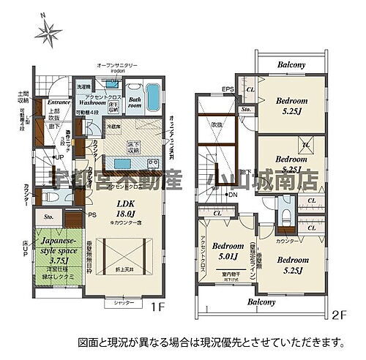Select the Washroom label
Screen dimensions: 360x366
[x=94, y=102]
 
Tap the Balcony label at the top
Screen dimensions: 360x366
[x=291, y=65]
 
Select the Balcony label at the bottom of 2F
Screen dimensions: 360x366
[x=261, y=301]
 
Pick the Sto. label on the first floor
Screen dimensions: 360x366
[x=48, y=217]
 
